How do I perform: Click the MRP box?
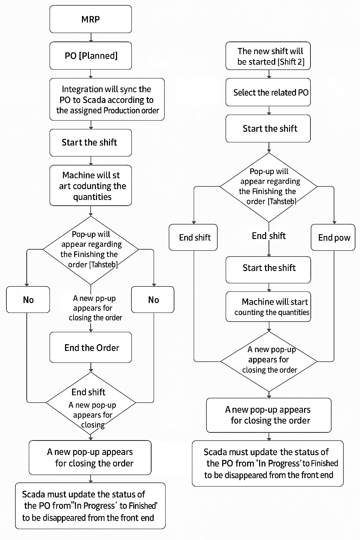tap(91, 19)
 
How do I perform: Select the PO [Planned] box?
tap(91, 56)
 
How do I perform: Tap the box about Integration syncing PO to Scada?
tap(107, 99)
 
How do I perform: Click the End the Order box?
tap(91, 347)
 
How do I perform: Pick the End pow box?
tap(333, 237)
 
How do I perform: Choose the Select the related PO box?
tap(268, 92)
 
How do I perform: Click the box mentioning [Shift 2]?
tap(268, 56)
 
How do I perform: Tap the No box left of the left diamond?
tap(28, 300)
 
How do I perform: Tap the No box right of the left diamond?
tap(153, 300)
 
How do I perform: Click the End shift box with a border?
tap(193, 237)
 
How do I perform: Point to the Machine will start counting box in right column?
tap(268, 307)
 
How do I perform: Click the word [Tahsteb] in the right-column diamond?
tap(282, 201)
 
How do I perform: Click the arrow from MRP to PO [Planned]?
tap(91, 37)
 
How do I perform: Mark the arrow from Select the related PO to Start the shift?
tap(269, 110)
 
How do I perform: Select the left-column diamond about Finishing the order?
tap(91, 250)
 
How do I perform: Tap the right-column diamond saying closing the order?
tap(269, 361)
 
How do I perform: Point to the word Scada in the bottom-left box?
tap(33, 494)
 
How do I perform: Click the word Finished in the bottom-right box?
tap(324, 463)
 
